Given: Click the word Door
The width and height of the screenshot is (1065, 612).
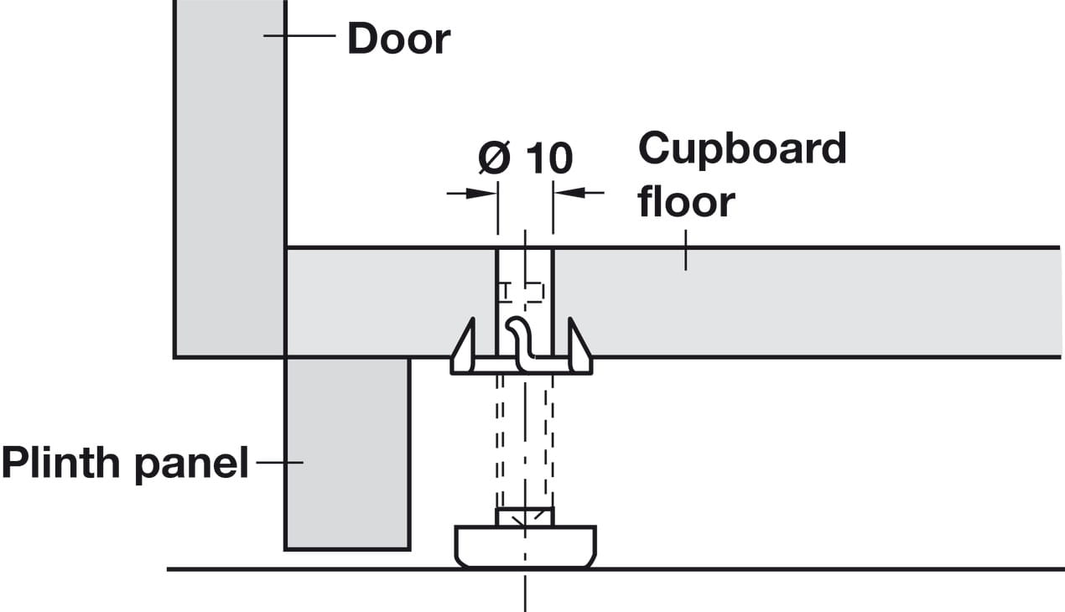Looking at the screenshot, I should pos(398,39).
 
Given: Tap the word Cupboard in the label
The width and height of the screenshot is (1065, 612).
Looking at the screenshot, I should pos(742,149).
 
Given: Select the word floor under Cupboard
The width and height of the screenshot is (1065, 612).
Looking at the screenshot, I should pos(686,202).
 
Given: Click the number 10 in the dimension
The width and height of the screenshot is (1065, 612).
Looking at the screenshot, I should pos(549,158).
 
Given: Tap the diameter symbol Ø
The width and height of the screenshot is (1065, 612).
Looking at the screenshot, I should pos(495,158).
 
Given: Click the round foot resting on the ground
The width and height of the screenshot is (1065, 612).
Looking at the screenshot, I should pos(525,546).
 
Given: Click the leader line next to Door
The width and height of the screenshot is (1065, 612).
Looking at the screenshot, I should pos(299,35).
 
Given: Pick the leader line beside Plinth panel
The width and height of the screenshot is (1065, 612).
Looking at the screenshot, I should pos(278,462).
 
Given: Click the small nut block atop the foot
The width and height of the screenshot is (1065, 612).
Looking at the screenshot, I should pos(525,516).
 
